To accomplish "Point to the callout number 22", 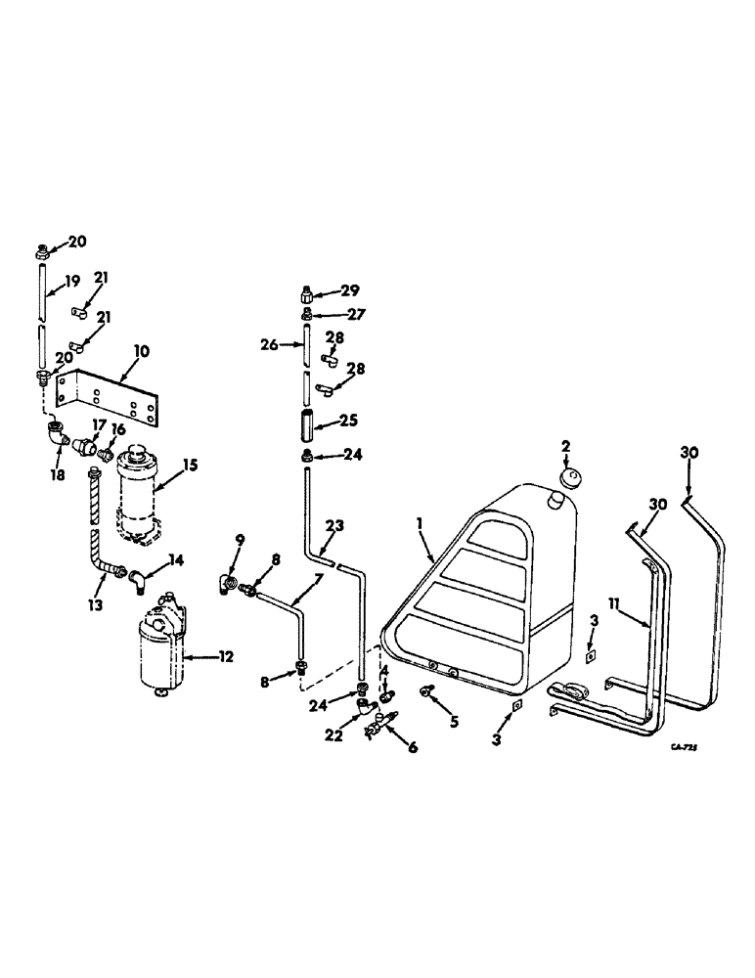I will [334, 735].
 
